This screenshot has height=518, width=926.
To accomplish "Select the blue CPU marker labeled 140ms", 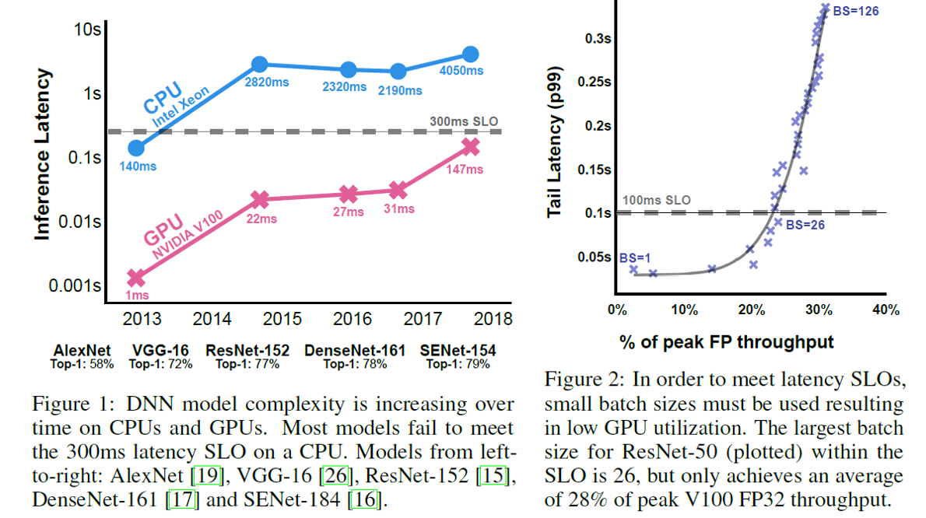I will click(137, 147).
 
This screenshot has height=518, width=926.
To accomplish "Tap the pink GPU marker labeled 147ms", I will click(470, 146).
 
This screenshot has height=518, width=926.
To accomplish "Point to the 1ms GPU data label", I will click(138, 296).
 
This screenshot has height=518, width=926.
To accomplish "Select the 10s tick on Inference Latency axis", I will click(86, 31).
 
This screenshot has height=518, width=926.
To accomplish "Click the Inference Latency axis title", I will click(44, 156).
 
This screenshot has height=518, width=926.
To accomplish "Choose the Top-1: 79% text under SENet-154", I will click(459, 364).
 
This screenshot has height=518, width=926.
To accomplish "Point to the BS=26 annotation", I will click(805, 225).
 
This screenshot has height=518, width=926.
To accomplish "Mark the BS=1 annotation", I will click(635, 257).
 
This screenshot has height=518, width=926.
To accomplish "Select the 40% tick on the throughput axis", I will click(886, 310).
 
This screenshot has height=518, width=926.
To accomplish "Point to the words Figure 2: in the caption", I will click(577, 380).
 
